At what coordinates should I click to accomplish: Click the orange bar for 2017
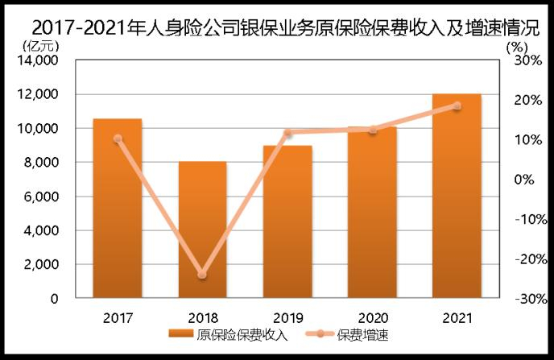coord(118,209)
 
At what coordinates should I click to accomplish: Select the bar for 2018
coord(202,230)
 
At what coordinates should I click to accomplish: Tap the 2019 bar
coord(287,222)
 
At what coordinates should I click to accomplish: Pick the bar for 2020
coord(372,213)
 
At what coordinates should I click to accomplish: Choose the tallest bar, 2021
coord(457,197)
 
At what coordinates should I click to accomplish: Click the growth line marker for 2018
coord(202,275)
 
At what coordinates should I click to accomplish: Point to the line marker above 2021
coord(457,106)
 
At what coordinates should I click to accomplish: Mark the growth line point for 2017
coord(118,139)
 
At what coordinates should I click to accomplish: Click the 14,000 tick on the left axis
coord(38,60)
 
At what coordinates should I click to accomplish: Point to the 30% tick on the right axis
coord(523,60)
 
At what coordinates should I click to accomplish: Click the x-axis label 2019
coord(287,316)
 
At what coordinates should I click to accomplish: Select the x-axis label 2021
coord(457,316)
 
